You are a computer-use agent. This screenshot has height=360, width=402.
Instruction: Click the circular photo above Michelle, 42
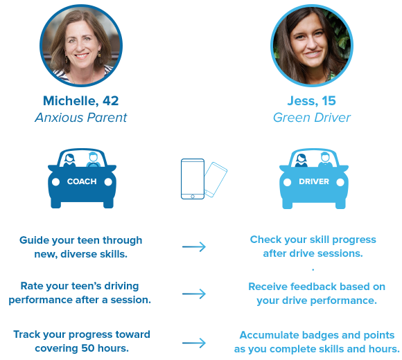[81, 46]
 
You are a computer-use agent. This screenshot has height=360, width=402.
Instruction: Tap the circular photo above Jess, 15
[312, 46]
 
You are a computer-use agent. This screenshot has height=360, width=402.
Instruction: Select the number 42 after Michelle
[111, 100]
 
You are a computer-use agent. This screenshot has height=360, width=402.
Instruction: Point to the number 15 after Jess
[329, 100]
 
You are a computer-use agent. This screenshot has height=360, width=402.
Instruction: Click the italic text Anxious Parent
[81, 118]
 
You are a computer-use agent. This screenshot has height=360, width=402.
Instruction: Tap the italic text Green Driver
[312, 118]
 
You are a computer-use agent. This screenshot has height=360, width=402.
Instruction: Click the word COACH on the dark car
[82, 181]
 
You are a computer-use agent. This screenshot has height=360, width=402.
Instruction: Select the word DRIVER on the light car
[314, 181]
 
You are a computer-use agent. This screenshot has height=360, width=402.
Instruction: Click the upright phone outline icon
[182, 179]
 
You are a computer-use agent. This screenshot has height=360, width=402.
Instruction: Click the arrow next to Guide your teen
[194, 247]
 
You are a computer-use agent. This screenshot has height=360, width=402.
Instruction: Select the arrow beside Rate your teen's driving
[194, 294]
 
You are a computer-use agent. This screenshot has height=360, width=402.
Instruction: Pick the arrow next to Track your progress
[194, 343]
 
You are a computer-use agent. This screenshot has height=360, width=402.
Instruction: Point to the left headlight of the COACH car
[55, 182]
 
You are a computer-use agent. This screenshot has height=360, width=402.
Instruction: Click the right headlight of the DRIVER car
[340, 182]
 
